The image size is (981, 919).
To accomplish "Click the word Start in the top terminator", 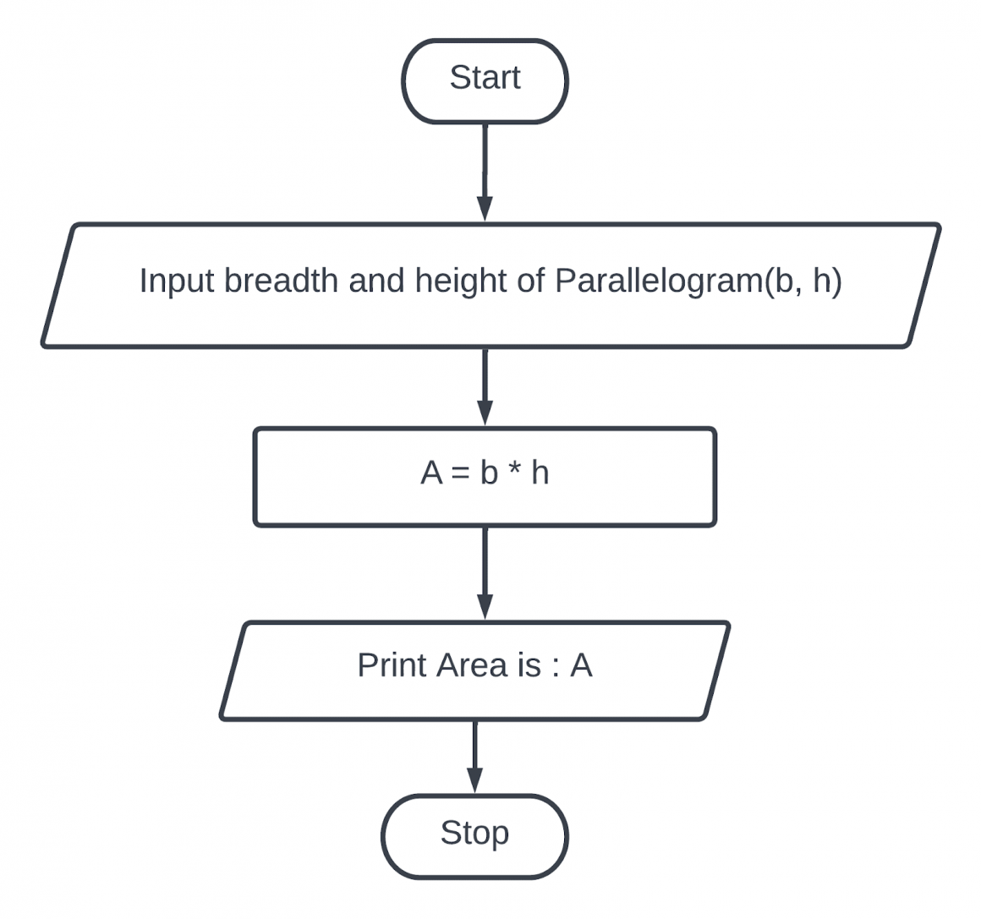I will pos(485,78).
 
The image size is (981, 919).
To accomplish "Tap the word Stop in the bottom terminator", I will pos(474,833).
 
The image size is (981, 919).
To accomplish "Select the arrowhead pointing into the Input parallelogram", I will pos(485,208).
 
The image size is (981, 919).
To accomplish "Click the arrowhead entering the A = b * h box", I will pos(485,413).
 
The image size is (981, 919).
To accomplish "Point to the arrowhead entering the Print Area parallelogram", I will pos(485,606).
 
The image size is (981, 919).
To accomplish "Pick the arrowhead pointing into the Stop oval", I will pos(474,780).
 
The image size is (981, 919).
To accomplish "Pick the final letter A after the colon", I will pos(581,665).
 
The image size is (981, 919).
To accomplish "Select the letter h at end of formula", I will pos(540,473).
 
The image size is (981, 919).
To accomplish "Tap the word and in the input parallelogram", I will pos(377,280).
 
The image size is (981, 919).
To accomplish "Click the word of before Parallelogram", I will pos(530,280).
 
